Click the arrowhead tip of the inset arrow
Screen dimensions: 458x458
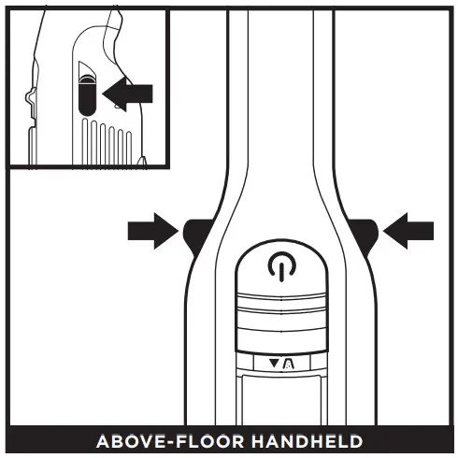click(102, 93)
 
